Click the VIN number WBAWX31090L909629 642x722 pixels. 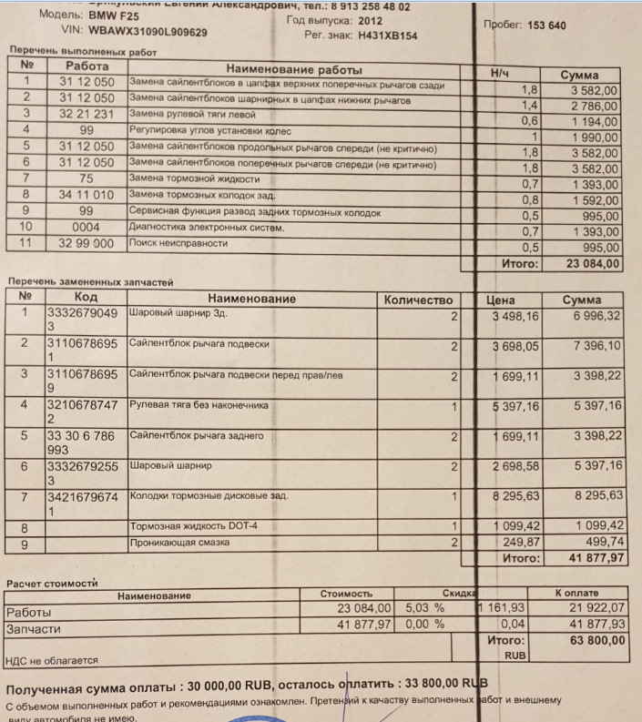[x=148, y=32]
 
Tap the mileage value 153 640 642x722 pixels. [x=546, y=25]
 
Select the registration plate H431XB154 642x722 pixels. [x=386, y=36]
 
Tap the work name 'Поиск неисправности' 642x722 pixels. [x=178, y=244]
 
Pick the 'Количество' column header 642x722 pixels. [x=418, y=299]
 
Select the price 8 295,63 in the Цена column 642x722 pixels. [x=515, y=495]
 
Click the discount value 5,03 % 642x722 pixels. [x=424, y=607]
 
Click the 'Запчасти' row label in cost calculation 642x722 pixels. [x=33, y=628]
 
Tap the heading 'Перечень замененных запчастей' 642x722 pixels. [x=89, y=282]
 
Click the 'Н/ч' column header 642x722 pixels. [x=501, y=72]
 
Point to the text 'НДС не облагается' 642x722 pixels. [x=51, y=662]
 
